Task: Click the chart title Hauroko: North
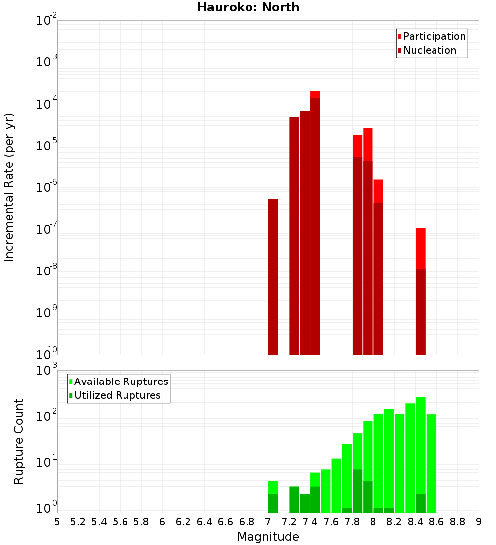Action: tap(248, 7)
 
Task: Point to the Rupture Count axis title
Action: tap(19, 441)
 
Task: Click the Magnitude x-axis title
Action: tap(268, 537)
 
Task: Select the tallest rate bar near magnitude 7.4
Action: tap(315, 223)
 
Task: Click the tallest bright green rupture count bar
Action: tap(421, 446)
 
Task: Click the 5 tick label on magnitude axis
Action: tap(57, 522)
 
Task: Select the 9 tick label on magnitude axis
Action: tap(479, 522)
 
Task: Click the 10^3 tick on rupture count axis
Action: tap(48, 371)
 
